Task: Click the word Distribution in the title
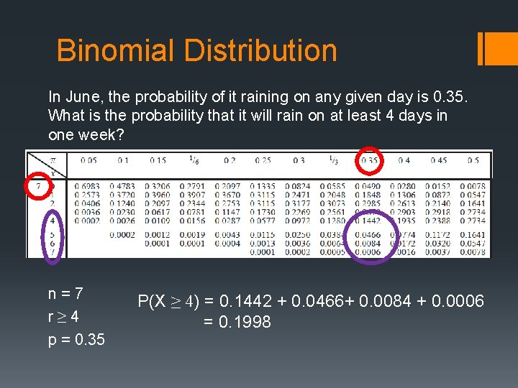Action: [x=260, y=50]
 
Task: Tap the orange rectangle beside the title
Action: [x=495, y=48]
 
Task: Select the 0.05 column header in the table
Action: [x=89, y=161]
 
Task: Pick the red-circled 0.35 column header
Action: [x=371, y=161]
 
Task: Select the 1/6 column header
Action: [x=194, y=160]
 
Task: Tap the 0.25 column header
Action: [x=265, y=161]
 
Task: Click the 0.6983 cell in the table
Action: [x=88, y=187]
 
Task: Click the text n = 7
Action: [x=65, y=294]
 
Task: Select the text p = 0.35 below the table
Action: [x=76, y=339]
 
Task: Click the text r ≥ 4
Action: [x=64, y=316]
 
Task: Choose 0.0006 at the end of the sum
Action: [x=460, y=301]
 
